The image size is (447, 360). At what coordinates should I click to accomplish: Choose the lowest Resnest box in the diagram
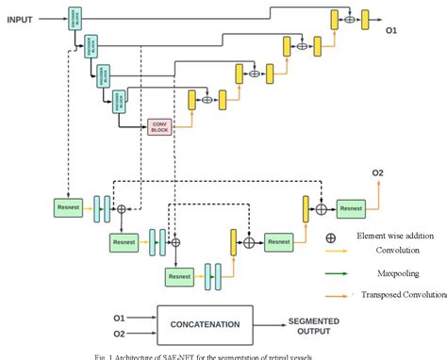(x=180, y=276)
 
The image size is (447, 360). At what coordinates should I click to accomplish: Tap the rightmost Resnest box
(x=350, y=206)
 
